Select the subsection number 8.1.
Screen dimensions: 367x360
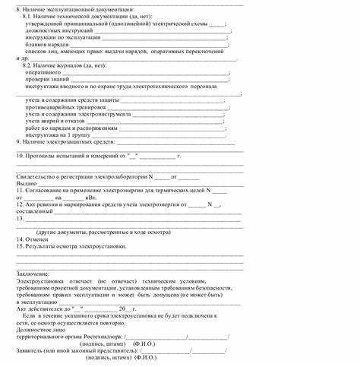(x=27, y=16)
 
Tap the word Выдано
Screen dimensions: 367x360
(x=27, y=183)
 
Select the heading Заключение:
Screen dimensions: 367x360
(x=33, y=274)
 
